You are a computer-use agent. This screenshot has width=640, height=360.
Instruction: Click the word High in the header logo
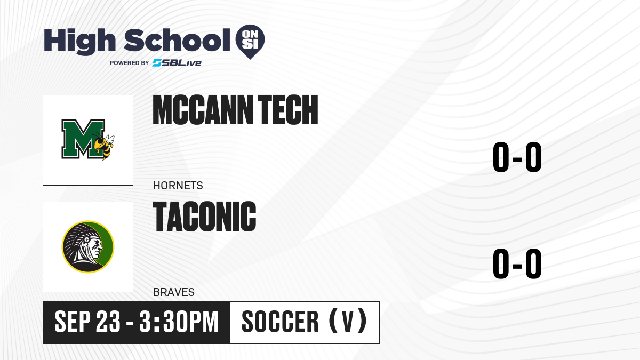point(79,41)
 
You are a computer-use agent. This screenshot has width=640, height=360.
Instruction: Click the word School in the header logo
point(177,40)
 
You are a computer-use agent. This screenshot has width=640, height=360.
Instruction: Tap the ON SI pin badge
point(250,42)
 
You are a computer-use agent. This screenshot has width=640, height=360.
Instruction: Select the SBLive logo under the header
point(177,63)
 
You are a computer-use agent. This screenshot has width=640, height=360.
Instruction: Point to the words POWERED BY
point(130,63)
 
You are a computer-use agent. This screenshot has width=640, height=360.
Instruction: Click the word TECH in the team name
point(288,110)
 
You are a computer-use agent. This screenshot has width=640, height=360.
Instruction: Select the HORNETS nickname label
point(178,186)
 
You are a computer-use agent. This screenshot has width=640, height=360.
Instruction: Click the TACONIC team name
point(205,217)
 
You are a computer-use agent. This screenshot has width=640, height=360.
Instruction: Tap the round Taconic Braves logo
point(88,247)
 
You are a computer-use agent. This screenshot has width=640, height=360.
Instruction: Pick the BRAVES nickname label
point(174,292)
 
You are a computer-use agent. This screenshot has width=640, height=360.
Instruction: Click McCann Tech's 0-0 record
point(517,157)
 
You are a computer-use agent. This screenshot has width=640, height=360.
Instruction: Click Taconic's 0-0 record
point(517,263)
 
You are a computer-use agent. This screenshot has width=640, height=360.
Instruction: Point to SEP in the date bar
point(73,322)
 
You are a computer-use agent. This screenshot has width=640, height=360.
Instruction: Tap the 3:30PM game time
point(179,322)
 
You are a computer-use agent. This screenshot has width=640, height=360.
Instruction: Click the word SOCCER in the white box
point(280,322)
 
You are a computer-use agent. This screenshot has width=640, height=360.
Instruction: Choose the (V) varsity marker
point(348,321)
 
